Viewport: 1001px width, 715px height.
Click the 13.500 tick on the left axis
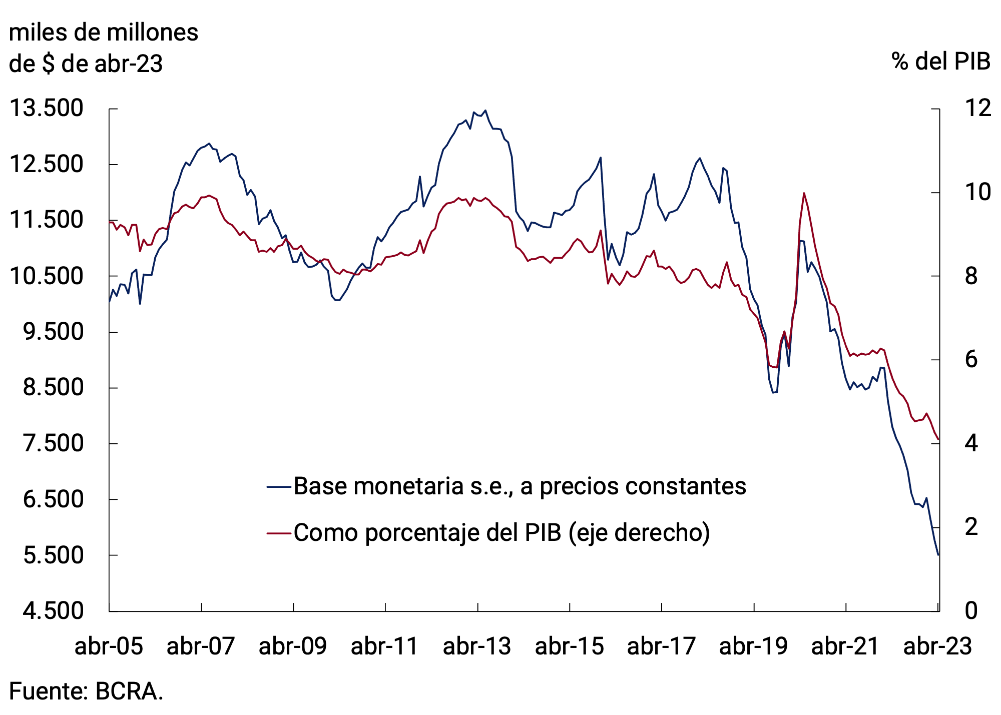click(x=46, y=109)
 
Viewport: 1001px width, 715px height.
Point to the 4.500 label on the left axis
click(x=53, y=611)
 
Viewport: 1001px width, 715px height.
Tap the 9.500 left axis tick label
click(x=53, y=332)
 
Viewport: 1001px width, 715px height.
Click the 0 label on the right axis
click(x=971, y=611)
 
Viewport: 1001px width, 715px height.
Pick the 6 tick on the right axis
click(x=971, y=360)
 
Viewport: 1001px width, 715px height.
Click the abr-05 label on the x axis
click(x=109, y=646)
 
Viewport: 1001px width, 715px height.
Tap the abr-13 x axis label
click(x=477, y=646)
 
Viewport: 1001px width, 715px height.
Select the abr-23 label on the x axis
click(x=937, y=646)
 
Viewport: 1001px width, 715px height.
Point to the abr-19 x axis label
click(x=753, y=646)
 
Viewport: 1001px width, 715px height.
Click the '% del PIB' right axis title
click(x=940, y=62)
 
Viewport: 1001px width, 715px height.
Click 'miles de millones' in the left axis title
click(x=104, y=33)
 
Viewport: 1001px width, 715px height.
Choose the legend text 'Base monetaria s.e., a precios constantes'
click(x=520, y=486)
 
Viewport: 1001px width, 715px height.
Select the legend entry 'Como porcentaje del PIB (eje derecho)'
click(x=502, y=532)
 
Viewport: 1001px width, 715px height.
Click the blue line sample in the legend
click(x=279, y=486)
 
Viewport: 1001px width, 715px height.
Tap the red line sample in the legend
click(x=279, y=533)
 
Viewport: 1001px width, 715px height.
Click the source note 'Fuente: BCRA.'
click(x=86, y=692)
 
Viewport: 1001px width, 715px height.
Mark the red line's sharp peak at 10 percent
click(x=803, y=193)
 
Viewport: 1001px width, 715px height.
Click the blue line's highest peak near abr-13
click(x=485, y=111)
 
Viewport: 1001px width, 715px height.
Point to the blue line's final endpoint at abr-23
click(x=938, y=554)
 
